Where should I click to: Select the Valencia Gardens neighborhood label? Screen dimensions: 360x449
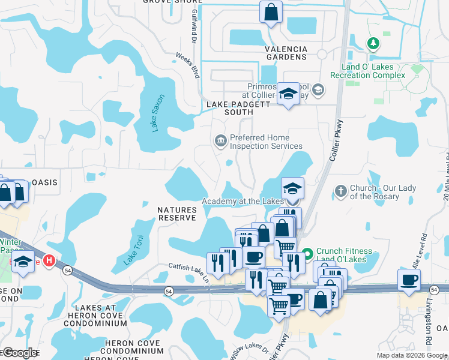click(286, 53)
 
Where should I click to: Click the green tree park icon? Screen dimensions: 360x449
click(373, 43)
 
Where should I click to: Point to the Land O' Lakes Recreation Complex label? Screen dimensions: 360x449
click(373, 71)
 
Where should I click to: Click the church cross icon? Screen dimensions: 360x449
click(340, 190)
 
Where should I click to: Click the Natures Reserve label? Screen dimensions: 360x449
click(177, 214)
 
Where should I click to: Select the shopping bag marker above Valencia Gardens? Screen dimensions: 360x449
click(271, 11)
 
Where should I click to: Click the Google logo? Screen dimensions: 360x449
click(20, 353)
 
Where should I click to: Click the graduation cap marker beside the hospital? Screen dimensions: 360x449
click(23, 262)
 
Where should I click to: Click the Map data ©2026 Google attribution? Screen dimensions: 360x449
click(411, 355)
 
